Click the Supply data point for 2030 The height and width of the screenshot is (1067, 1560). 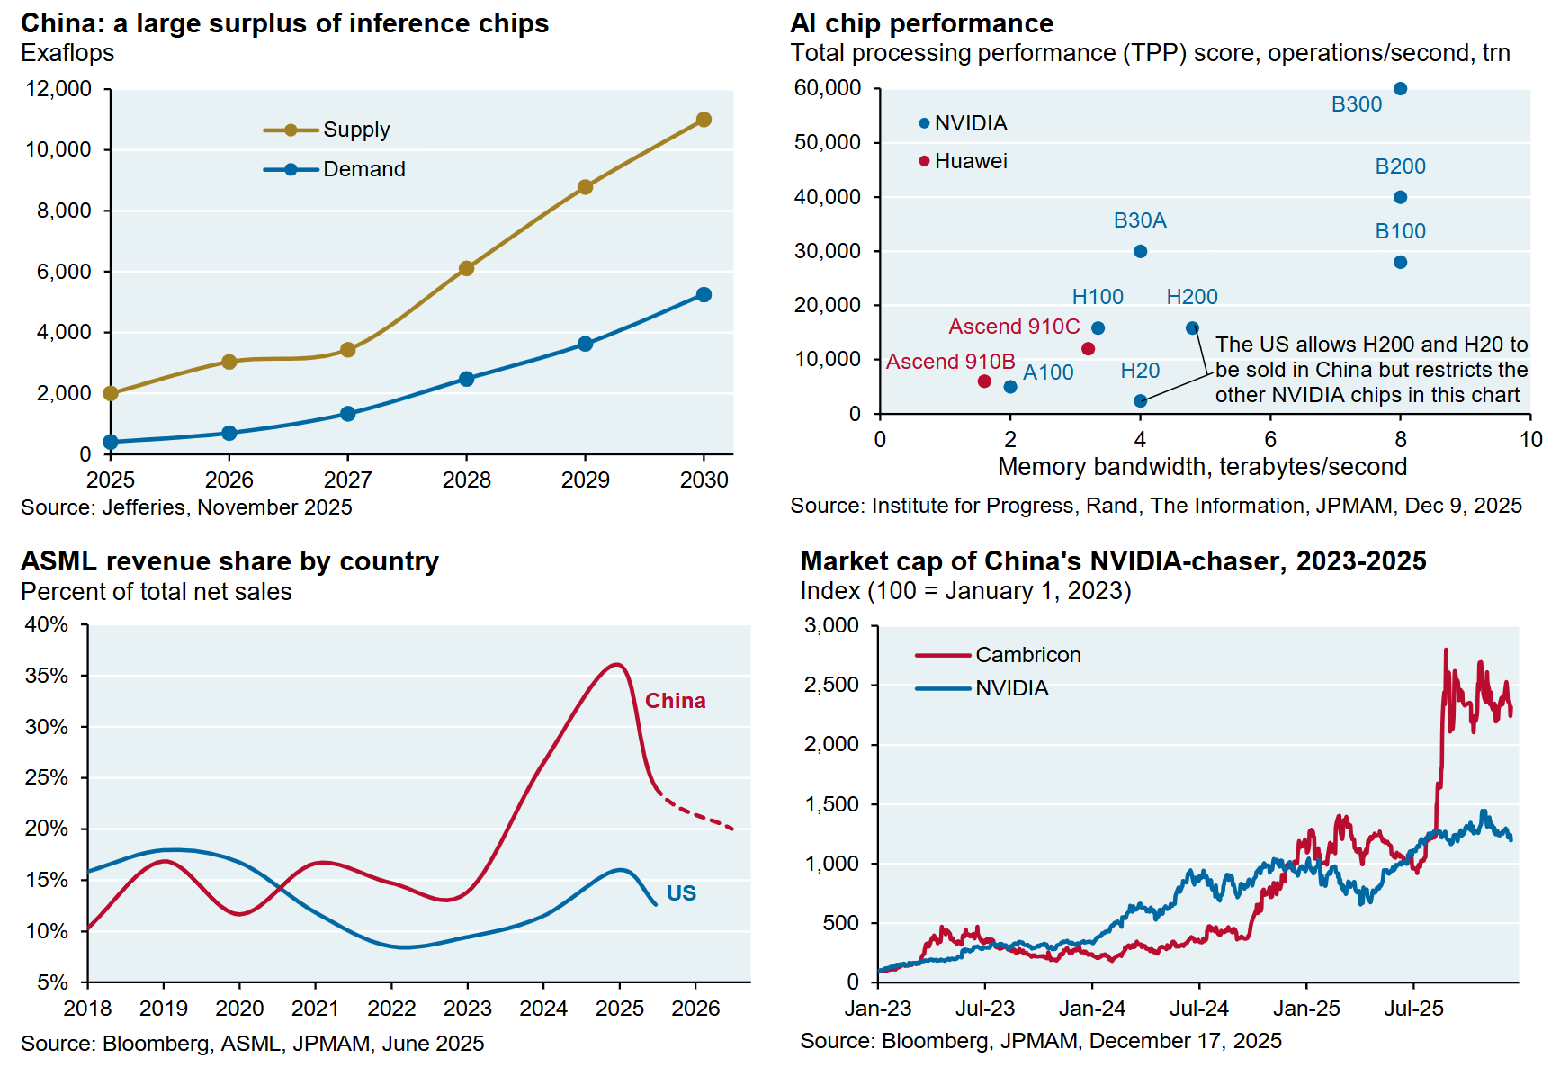click(x=704, y=120)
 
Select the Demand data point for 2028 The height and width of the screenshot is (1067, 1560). click(x=466, y=379)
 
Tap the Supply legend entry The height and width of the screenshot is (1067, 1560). click(x=356, y=130)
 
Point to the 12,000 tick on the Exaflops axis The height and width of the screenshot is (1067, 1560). click(x=59, y=89)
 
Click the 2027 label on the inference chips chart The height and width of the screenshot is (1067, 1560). click(x=347, y=480)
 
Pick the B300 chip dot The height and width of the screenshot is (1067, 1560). click(x=1400, y=89)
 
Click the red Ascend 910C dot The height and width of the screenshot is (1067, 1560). click(x=1088, y=349)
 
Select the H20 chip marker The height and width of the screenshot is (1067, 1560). click(x=1140, y=401)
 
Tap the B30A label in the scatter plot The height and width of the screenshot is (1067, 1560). click(x=1140, y=220)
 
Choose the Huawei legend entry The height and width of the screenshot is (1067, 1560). click(x=970, y=161)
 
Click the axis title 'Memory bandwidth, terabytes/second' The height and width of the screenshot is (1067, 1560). click(x=1202, y=467)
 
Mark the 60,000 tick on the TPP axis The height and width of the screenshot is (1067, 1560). click(x=828, y=88)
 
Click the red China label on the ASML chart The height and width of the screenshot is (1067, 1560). click(x=675, y=701)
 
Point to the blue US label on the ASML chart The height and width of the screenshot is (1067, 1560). click(x=681, y=893)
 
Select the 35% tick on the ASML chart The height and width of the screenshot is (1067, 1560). click(x=47, y=676)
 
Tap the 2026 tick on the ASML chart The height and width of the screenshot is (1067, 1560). click(x=695, y=1009)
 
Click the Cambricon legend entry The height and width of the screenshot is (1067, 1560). click(x=1027, y=655)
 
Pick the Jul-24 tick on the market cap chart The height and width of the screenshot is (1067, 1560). click(x=1199, y=1009)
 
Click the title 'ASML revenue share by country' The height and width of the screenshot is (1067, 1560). click(x=229, y=561)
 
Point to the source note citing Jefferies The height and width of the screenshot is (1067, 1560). click(x=186, y=507)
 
